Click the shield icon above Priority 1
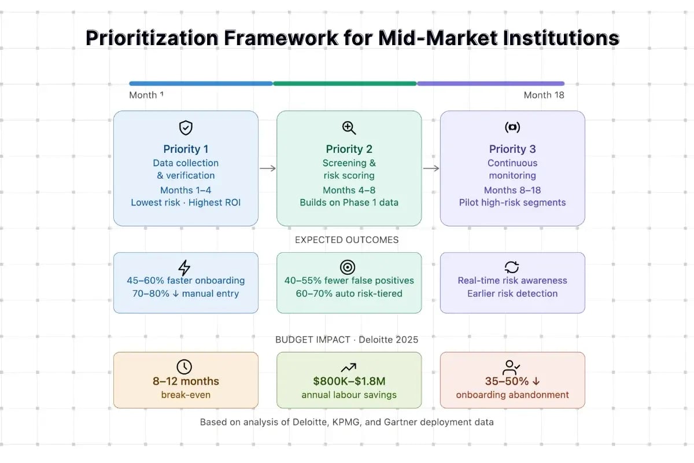186,128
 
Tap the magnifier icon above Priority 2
349,128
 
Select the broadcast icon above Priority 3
512,128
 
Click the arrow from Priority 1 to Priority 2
267,168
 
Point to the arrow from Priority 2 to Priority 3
431,168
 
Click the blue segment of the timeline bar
201,83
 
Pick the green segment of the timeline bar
345,83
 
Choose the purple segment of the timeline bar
490,83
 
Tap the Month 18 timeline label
544,95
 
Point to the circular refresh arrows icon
512,267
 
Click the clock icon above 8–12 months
184,366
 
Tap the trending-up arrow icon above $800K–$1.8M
349,367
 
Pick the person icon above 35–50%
512,367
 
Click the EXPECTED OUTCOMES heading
346,240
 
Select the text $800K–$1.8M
349,381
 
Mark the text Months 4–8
349,190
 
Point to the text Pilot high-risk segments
512,203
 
